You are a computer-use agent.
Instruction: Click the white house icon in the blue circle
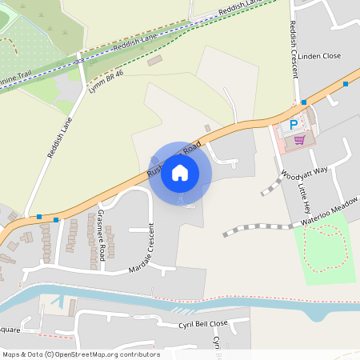pos(180,172)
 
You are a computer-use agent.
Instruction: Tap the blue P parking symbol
pos(294,124)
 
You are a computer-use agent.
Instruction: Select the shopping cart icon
pos(299,138)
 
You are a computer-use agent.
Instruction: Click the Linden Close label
pos(320,57)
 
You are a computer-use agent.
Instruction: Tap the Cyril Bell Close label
pos(203,323)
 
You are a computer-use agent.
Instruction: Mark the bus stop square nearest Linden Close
pos(346,83)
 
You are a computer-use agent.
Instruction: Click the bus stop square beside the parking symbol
pos(304,102)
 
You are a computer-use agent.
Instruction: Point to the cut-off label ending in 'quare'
pos(10,328)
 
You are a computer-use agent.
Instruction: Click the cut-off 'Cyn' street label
pos(217,342)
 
